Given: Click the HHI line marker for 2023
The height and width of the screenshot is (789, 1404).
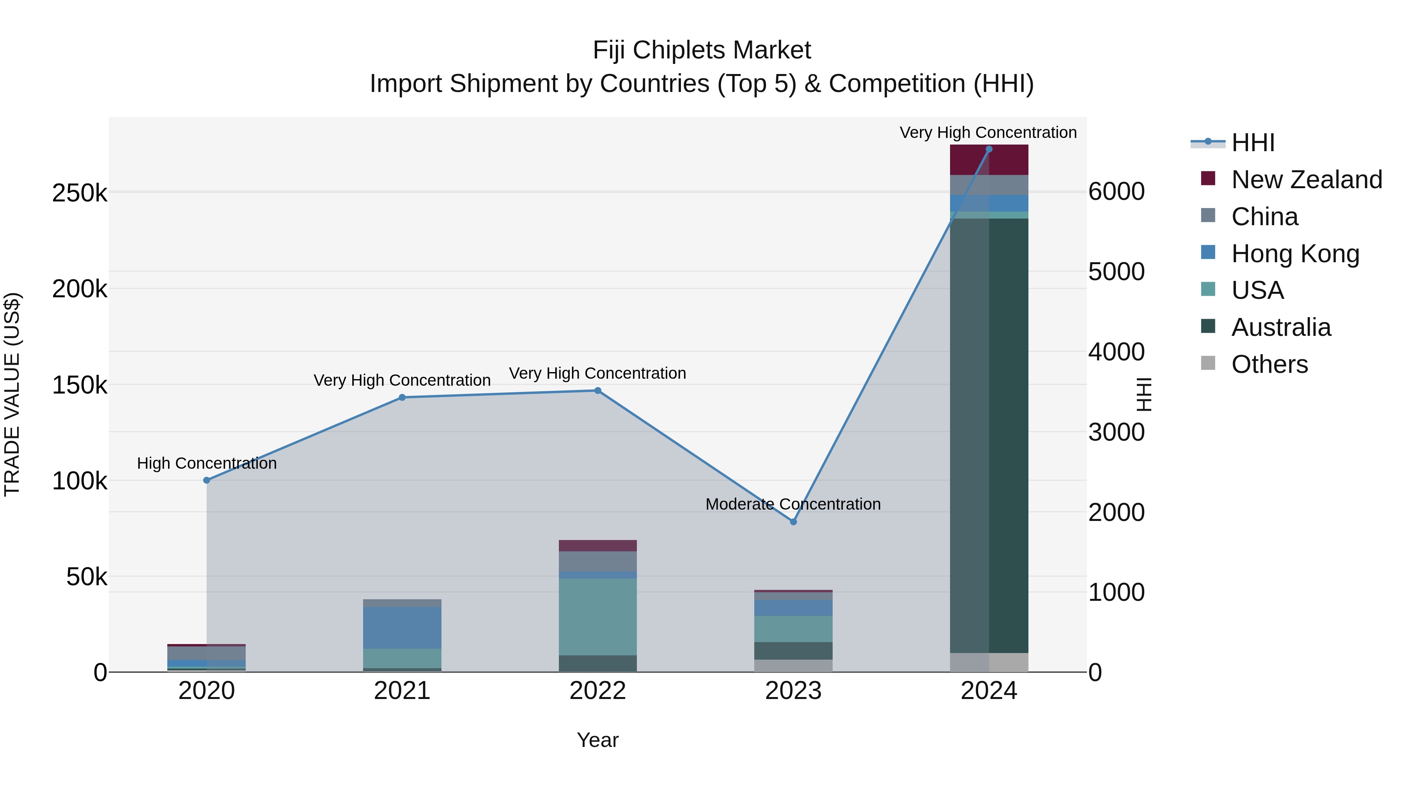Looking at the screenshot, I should tap(793, 522).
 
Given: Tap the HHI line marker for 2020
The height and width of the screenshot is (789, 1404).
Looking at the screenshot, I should tap(207, 480).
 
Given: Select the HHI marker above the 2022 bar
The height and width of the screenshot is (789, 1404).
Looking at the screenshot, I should tap(597, 390).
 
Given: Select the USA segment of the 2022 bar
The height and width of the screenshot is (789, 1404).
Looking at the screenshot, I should tap(597, 616).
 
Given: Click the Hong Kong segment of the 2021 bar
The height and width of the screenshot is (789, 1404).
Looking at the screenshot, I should tap(402, 627).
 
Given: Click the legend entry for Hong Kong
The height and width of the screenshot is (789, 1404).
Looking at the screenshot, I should tap(1294, 254).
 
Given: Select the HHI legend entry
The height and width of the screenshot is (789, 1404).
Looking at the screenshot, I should tap(1252, 143).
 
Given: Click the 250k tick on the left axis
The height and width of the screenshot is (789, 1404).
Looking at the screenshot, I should tap(80, 193).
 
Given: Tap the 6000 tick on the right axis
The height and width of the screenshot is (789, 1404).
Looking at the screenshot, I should tap(1116, 192).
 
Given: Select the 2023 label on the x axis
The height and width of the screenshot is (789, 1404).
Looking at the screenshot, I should tap(793, 691).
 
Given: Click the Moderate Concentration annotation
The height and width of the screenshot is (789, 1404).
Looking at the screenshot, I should tap(793, 504).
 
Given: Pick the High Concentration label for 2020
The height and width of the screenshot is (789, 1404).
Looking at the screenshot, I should tap(207, 463).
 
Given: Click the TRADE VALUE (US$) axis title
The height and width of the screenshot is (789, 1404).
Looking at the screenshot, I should tap(12, 394).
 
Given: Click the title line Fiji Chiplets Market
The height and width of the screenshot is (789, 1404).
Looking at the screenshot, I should tap(702, 50).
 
